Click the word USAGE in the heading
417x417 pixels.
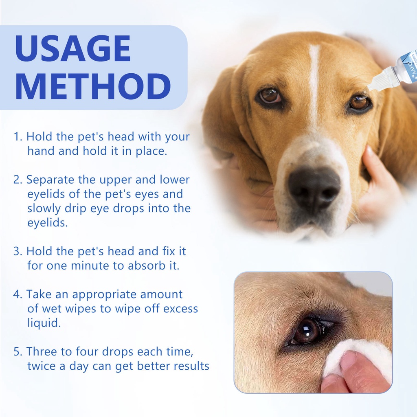pos(72,48)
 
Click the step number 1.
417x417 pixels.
pos(17,137)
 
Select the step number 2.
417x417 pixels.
pos(17,180)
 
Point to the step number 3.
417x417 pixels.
pos(17,252)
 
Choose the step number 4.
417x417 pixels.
pos(17,294)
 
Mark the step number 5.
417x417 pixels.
pos(17,352)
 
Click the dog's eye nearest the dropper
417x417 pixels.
pos(359,103)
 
